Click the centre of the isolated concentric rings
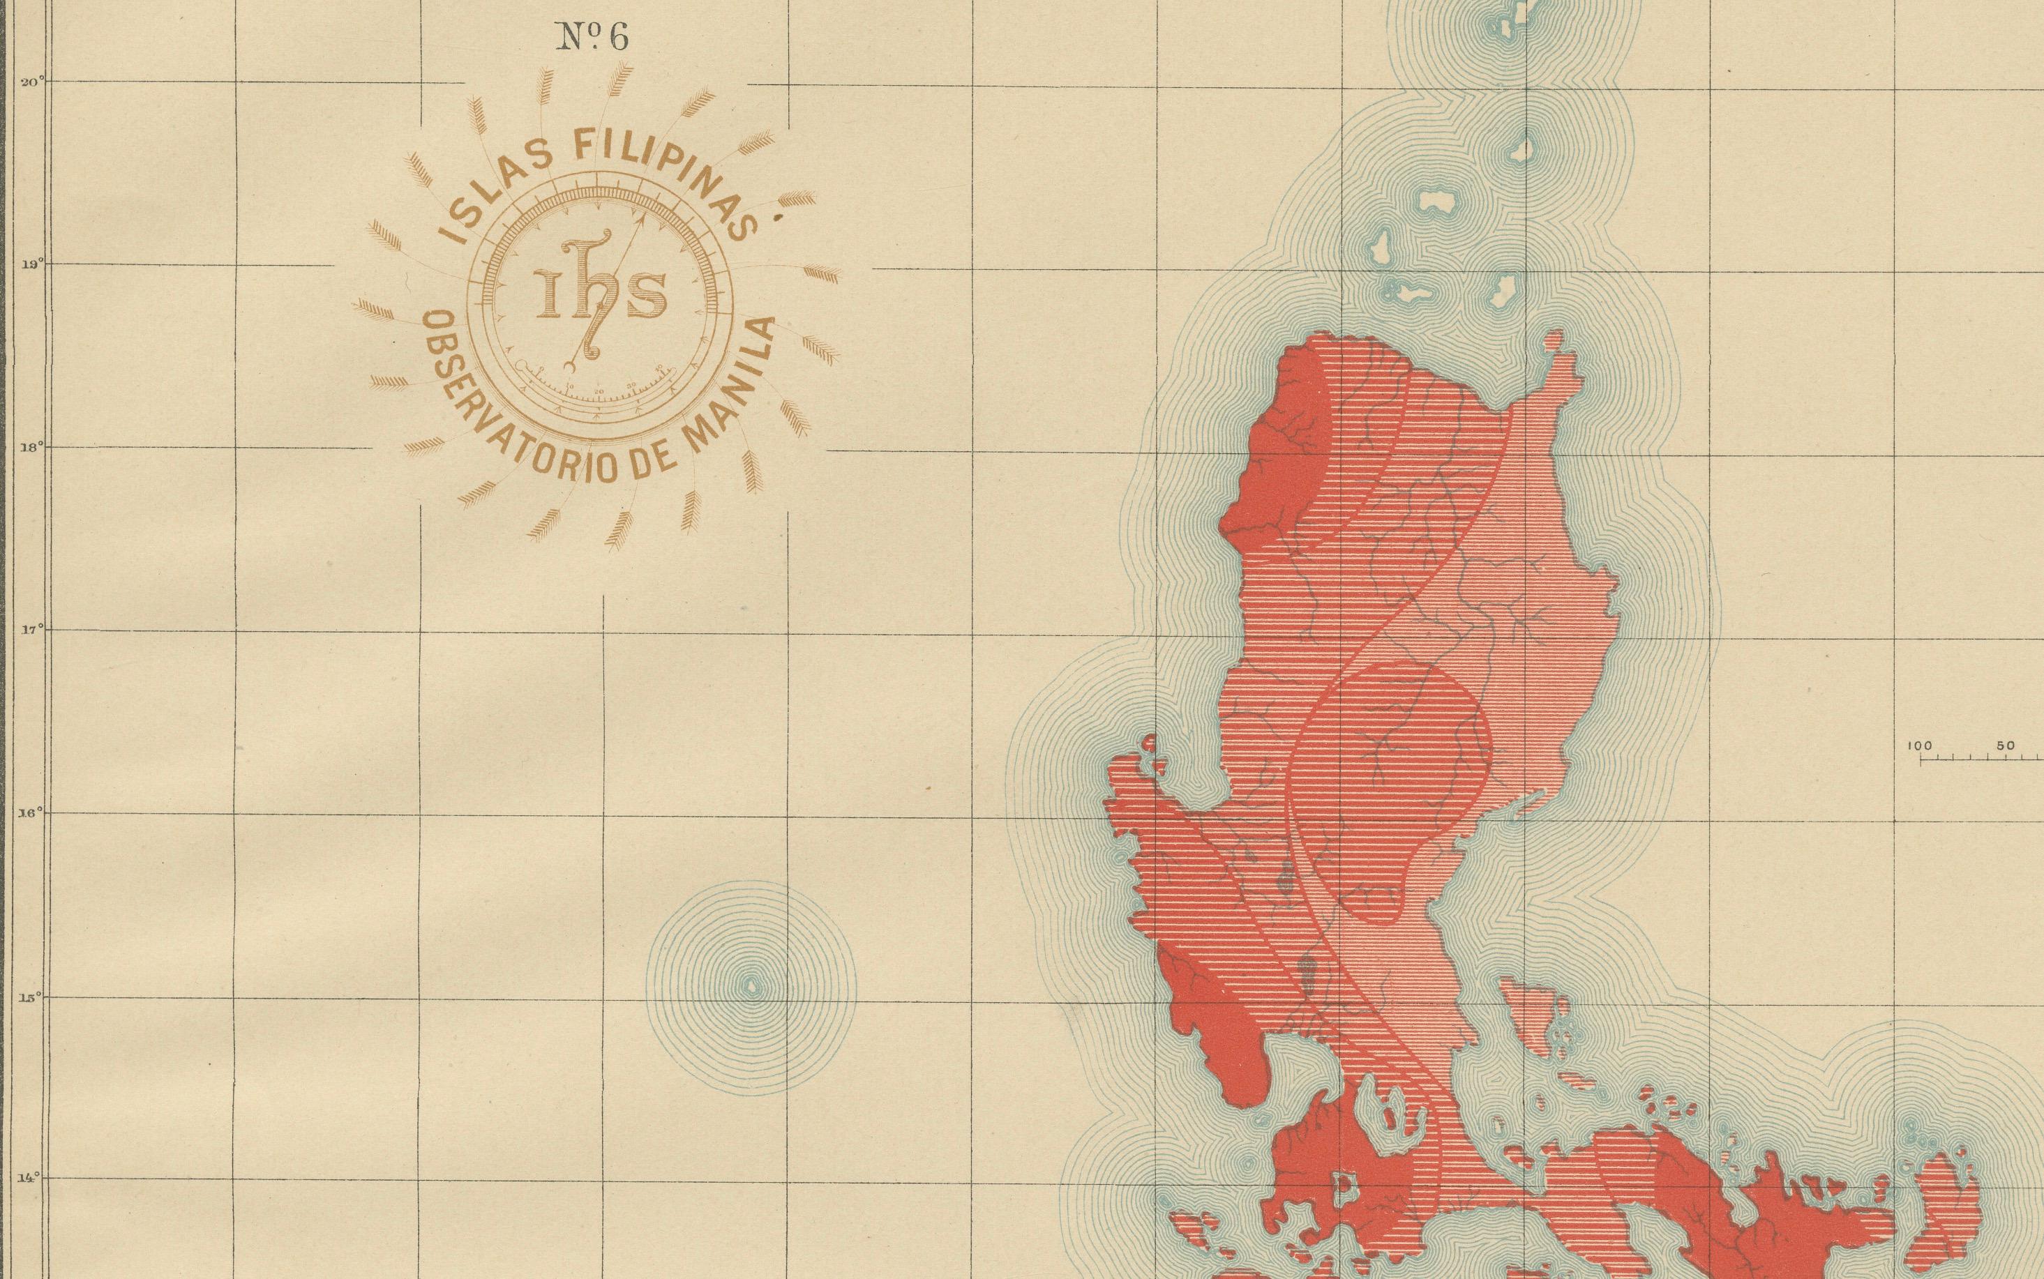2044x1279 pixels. tap(751, 985)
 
